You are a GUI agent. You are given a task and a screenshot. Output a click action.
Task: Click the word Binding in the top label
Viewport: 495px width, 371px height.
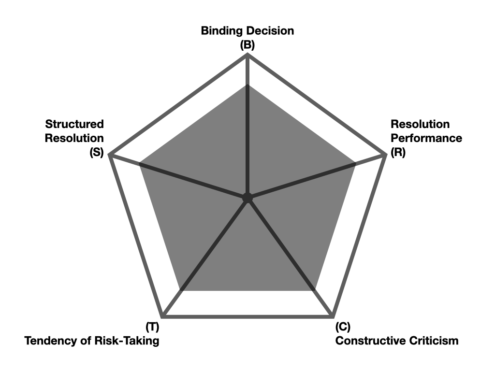pyautogui.click(x=222, y=31)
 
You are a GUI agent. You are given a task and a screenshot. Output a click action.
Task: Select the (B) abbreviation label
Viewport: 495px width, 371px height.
pyautogui.click(x=247, y=45)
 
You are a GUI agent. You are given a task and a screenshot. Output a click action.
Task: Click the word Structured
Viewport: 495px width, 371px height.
pyautogui.click(x=74, y=124)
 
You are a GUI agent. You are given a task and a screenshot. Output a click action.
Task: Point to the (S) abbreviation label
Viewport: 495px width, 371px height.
pyautogui.click(x=97, y=152)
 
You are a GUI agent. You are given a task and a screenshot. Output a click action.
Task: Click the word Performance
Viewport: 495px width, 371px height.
pyautogui.click(x=426, y=139)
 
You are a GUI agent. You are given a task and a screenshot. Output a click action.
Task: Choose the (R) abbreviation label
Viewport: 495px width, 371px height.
pyautogui.click(x=398, y=152)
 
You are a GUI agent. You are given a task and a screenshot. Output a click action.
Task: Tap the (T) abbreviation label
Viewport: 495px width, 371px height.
pyautogui.click(x=152, y=327)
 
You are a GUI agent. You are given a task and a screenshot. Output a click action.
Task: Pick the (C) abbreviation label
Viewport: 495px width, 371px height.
pyautogui.click(x=343, y=327)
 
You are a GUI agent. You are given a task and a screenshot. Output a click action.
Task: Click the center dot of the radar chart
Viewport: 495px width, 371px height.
pyautogui.click(x=247, y=198)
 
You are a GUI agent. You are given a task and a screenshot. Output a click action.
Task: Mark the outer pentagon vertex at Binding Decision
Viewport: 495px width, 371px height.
pyautogui.click(x=247, y=55)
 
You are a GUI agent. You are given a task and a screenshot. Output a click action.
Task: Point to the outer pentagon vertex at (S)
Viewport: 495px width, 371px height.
pyautogui.click(x=111, y=155)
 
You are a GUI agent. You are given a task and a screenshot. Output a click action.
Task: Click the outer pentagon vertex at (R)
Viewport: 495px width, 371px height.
pyautogui.click(x=385, y=155)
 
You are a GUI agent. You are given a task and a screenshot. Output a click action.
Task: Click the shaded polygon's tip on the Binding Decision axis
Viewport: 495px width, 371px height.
pyautogui.click(x=247, y=85)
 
